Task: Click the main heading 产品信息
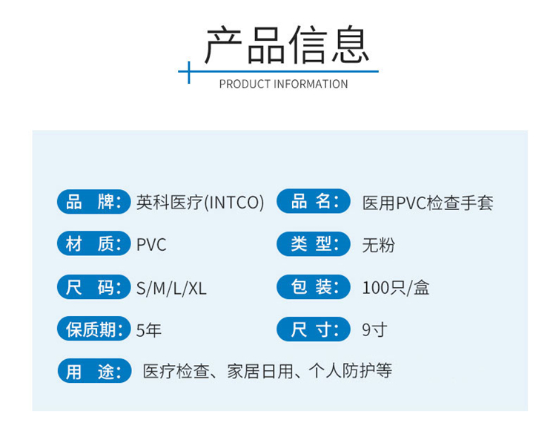click(x=287, y=45)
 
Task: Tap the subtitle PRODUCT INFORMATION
click(x=283, y=84)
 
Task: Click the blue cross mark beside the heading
click(x=188, y=72)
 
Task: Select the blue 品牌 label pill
click(x=94, y=202)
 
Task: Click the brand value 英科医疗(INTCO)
click(x=200, y=203)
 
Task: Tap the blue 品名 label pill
click(x=314, y=201)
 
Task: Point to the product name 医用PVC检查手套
click(x=428, y=203)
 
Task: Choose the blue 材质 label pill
click(x=94, y=243)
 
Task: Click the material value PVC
click(x=151, y=245)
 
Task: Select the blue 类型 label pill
click(x=314, y=244)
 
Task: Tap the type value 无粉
click(x=378, y=245)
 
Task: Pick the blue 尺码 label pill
click(x=94, y=286)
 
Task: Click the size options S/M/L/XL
click(x=171, y=289)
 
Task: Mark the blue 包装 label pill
click(x=314, y=286)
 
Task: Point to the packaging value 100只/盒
click(x=396, y=288)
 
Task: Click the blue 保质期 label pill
click(x=94, y=329)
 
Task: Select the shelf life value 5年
click(x=149, y=330)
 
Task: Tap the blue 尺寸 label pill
click(x=314, y=329)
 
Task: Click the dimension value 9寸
click(x=374, y=330)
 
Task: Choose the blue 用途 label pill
click(x=95, y=371)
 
